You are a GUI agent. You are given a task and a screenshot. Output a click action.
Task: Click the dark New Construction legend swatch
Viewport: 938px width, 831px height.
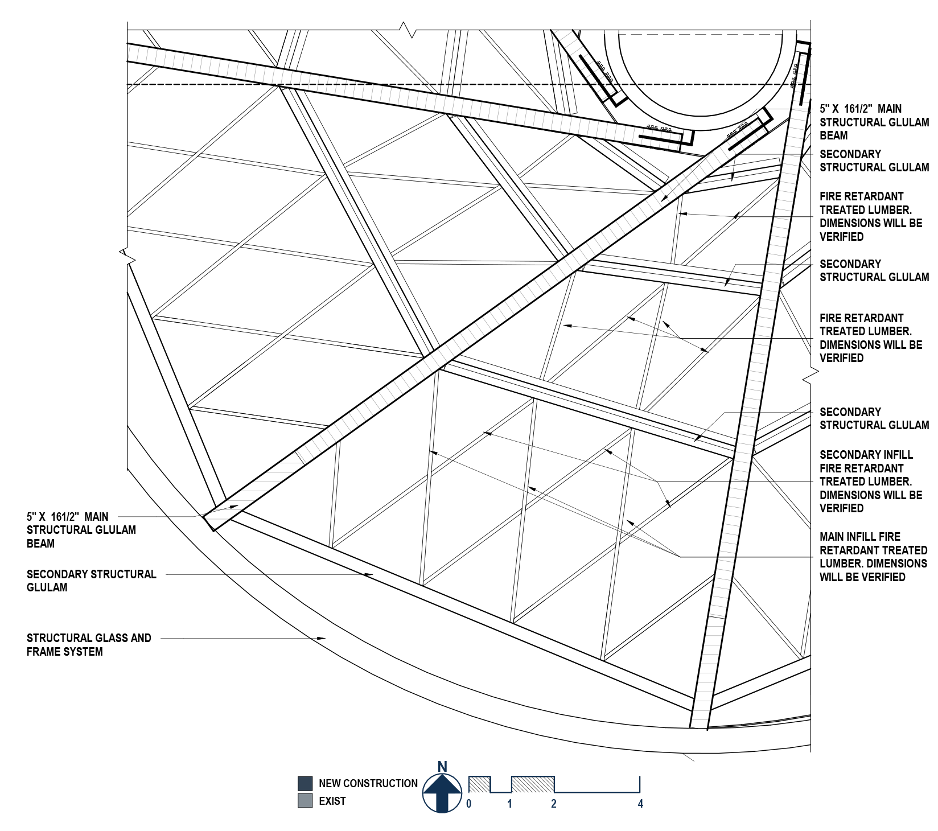(305, 783)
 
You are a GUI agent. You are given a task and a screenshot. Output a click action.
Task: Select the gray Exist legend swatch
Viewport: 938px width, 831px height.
(305, 801)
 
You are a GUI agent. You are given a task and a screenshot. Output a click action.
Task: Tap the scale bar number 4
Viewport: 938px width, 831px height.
(640, 804)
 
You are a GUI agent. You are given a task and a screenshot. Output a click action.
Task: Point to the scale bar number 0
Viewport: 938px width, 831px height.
(468, 804)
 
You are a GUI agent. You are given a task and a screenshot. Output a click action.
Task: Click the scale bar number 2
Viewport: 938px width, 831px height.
(553, 804)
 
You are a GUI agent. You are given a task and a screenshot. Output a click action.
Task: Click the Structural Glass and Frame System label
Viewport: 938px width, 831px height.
(89, 645)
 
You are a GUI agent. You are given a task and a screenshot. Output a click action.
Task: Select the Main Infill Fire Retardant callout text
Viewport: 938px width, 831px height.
(873, 557)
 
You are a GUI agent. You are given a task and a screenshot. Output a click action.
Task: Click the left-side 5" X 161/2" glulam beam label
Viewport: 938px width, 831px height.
(81, 530)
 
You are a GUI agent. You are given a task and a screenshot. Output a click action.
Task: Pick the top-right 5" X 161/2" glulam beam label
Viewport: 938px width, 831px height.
(874, 122)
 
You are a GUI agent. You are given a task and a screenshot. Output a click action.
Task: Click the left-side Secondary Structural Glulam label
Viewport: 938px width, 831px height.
(91, 581)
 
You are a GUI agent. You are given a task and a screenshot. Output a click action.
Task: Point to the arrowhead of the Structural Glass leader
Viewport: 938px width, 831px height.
(322, 639)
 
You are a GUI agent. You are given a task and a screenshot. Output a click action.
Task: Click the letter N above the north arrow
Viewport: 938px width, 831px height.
(442, 767)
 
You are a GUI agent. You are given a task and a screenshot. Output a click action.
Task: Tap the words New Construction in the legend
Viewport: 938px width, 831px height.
(368, 783)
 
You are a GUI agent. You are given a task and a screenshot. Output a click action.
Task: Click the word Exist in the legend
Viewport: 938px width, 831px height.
(332, 801)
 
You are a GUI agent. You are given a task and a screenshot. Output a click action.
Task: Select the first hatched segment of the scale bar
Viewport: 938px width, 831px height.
(479, 784)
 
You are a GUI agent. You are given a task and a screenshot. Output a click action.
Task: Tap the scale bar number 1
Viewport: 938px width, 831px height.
(509, 804)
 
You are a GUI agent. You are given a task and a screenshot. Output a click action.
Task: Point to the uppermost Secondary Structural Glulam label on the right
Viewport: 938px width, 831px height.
(874, 161)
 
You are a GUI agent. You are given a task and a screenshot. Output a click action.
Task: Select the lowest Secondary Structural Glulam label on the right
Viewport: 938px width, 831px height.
(874, 418)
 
